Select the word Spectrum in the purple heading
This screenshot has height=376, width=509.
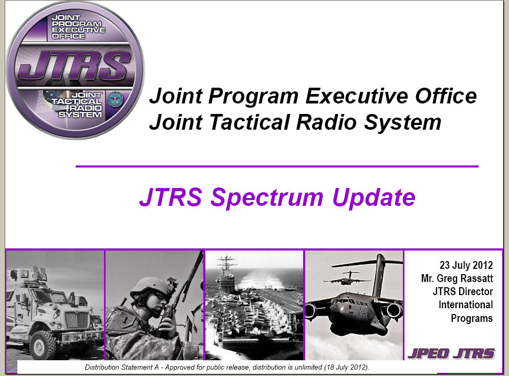[267, 197]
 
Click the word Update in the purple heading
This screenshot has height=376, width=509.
[373, 197]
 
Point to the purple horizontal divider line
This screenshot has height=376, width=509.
[277, 166]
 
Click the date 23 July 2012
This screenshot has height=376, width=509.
[466, 265]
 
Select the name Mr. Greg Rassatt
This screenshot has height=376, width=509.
[457, 278]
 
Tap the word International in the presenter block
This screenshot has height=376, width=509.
[465, 305]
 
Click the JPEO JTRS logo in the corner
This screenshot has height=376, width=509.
[451, 353]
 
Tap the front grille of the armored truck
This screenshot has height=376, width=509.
[77, 320]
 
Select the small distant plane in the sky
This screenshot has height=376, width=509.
[347, 278]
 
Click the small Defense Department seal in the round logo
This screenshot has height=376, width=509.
[115, 100]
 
